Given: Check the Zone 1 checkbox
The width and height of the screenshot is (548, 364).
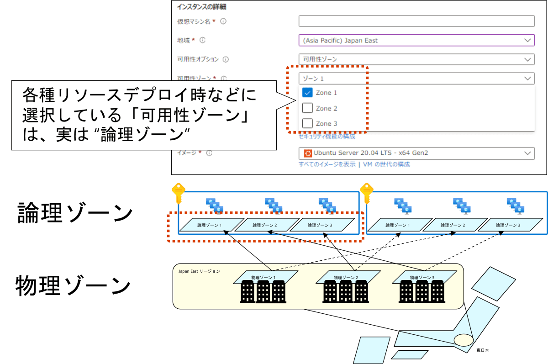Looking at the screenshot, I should pyautogui.click(x=307, y=93).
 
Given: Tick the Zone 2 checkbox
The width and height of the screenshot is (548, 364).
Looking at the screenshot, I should pyautogui.click(x=307, y=108).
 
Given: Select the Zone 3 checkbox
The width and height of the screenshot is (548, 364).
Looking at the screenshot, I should pyautogui.click(x=307, y=123).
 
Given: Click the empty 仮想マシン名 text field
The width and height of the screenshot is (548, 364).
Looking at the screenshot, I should pyautogui.click(x=416, y=21).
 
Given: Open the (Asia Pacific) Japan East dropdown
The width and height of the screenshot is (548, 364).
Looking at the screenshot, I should pyautogui.click(x=416, y=40).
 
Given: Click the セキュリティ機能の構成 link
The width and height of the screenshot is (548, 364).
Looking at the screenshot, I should pyautogui.click(x=327, y=136).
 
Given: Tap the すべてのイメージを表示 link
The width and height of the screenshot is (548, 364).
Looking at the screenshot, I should pyautogui.click(x=327, y=164).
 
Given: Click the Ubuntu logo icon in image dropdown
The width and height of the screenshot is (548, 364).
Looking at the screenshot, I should pyautogui.click(x=308, y=153).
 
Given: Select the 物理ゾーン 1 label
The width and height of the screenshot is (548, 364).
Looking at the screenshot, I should pyautogui.click(x=263, y=277).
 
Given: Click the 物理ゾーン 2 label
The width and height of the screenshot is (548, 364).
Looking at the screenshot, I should pyautogui.click(x=346, y=277).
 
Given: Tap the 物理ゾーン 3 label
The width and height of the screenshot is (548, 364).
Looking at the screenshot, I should pyautogui.click(x=422, y=277).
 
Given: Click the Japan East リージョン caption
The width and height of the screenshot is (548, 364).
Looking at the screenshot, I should pyautogui.click(x=199, y=271).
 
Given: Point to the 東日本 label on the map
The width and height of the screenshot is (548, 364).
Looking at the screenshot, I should pyautogui.click(x=482, y=350).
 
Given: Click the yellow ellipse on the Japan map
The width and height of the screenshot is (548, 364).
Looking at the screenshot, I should pyautogui.click(x=464, y=340).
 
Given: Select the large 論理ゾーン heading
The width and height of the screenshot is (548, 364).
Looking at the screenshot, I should pyautogui.click(x=75, y=213).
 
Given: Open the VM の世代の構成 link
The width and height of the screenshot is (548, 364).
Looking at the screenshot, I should pyautogui.click(x=386, y=164).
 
